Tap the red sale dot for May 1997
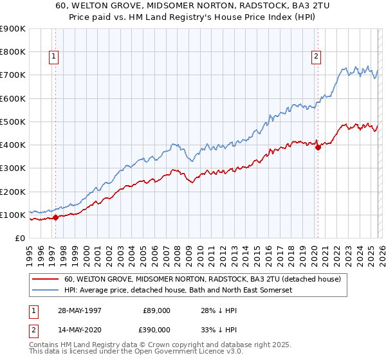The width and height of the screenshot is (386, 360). (55, 217)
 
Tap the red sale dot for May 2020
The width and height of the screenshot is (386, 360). (318, 147)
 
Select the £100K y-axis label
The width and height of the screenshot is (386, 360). (13, 215)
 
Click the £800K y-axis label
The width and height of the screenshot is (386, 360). (13, 51)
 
